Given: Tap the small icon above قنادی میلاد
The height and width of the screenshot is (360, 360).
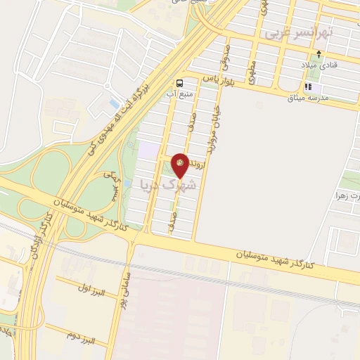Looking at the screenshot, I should coord(320,53).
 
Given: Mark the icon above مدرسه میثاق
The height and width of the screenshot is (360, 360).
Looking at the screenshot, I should coord(307,87).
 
